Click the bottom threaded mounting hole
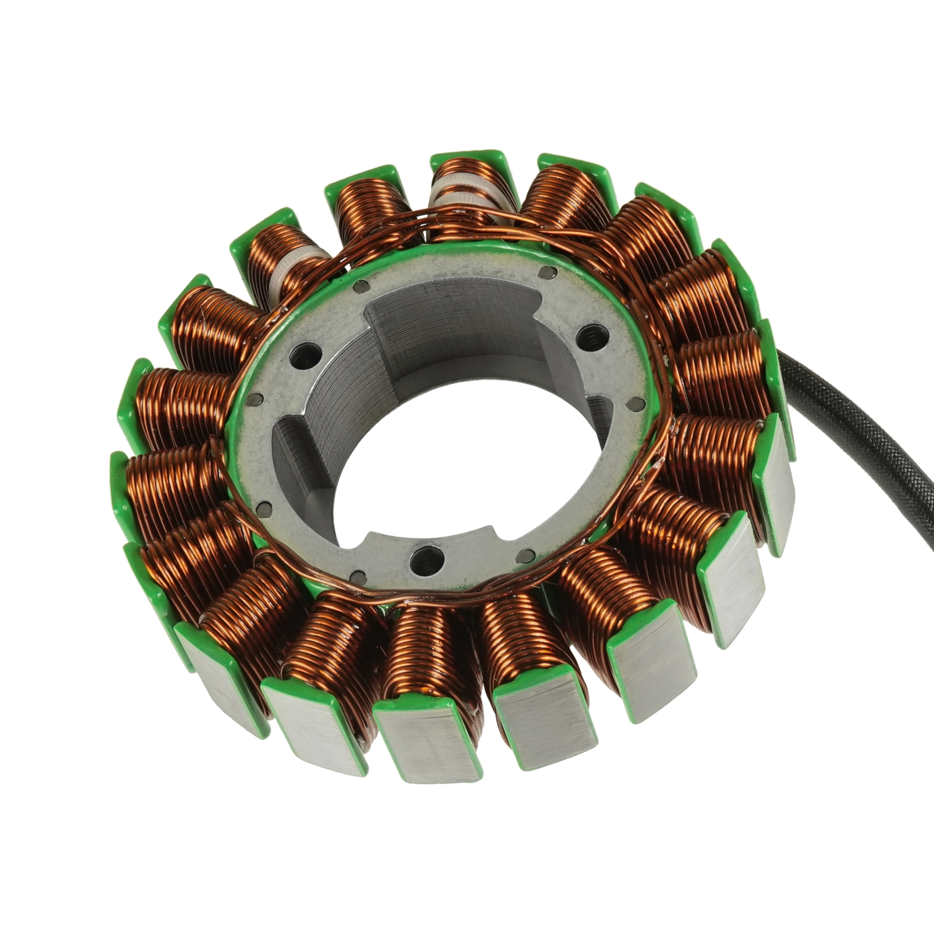(x=423, y=561)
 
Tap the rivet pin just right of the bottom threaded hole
(x=527, y=555)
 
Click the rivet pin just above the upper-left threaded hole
(x=361, y=286)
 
